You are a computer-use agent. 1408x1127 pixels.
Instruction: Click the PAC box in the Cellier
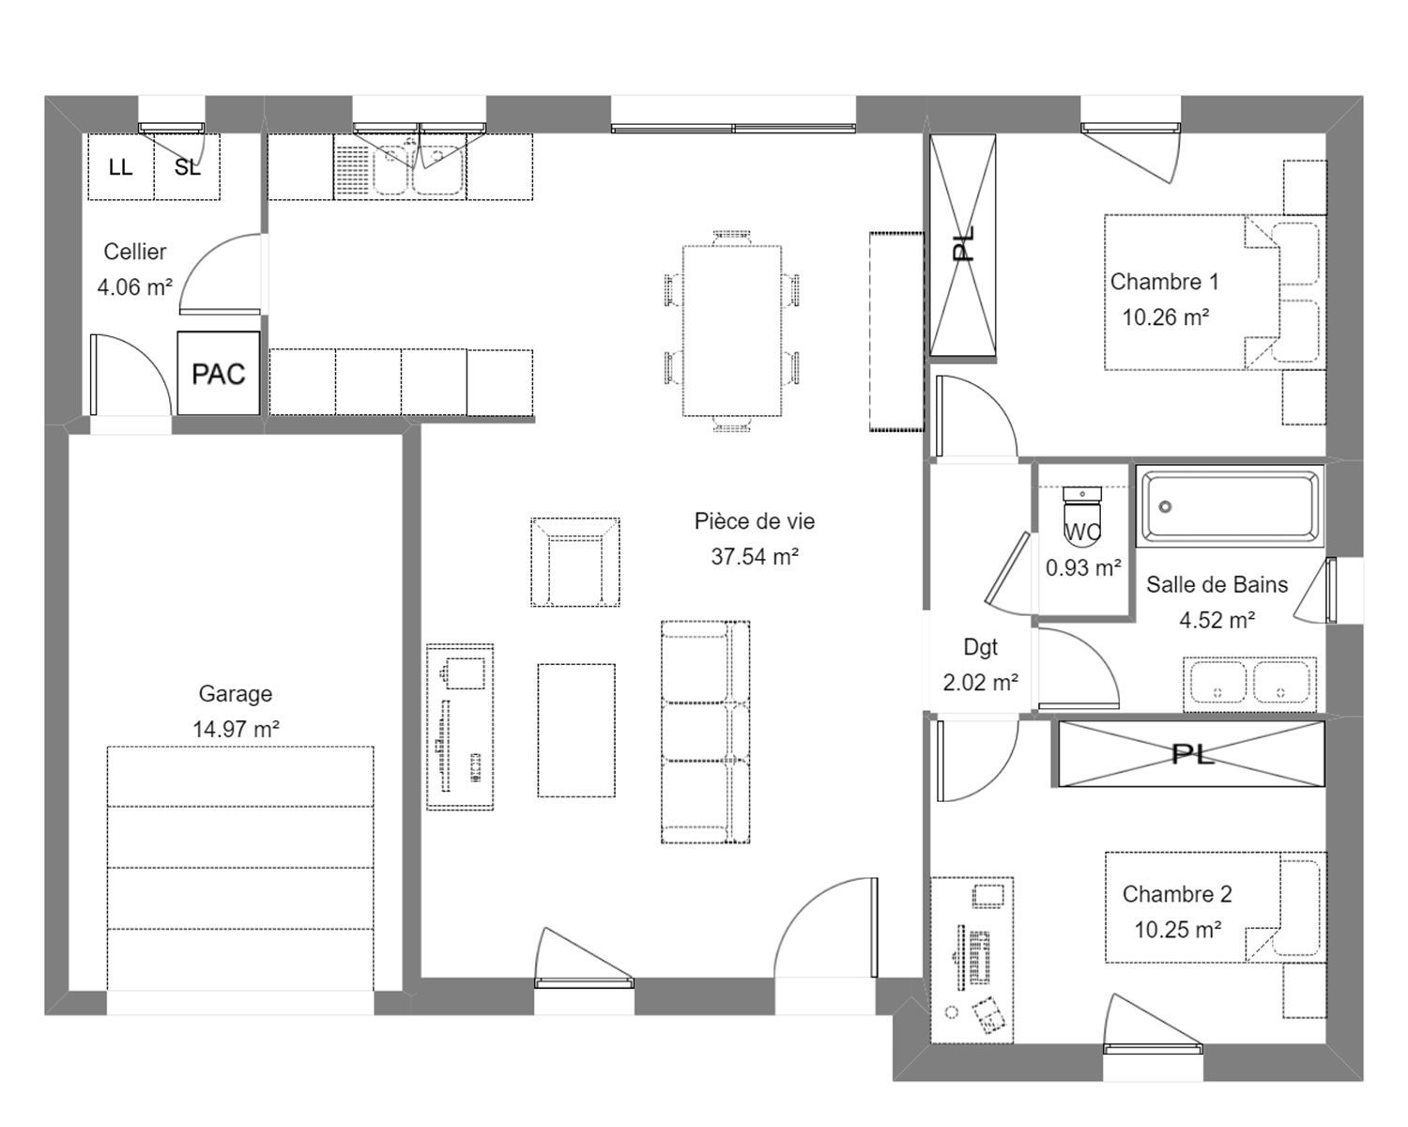(x=219, y=373)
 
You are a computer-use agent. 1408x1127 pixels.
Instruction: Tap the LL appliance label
(x=120, y=168)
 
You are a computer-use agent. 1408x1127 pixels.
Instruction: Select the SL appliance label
(x=187, y=168)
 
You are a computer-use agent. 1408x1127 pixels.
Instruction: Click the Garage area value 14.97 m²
(x=237, y=729)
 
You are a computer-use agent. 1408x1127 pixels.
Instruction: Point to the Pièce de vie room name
(x=755, y=521)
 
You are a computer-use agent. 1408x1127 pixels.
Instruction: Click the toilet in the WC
(x=1082, y=515)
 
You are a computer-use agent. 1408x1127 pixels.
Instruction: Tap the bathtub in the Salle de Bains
(x=1230, y=506)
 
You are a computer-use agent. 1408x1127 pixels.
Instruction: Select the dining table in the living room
(x=732, y=331)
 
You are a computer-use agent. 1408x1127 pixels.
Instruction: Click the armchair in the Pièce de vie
(x=575, y=562)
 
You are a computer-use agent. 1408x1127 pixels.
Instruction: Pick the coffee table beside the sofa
(x=576, y=730)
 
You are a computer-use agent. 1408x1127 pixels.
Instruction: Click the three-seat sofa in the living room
(x=705, y=733)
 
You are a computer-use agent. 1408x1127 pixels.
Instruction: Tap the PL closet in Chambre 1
(x=963, y=245)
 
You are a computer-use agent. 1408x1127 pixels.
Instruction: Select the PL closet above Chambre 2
(x=1191, y=754)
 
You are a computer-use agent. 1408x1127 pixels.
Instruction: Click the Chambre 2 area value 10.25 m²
(x=1178, y=930)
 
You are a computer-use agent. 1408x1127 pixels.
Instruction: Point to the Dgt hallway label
(x=980, y=647)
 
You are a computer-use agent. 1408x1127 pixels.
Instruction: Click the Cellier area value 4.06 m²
(x=135, y=286)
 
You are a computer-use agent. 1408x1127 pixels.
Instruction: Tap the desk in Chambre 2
(x=972, y=960)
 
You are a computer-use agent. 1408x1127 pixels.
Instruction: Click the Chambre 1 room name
(x=1165, y=282)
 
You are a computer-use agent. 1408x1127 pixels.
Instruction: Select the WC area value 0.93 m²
(x=1083, y=568)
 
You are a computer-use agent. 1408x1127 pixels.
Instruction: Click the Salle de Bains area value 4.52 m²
(x=1217, y=620)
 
